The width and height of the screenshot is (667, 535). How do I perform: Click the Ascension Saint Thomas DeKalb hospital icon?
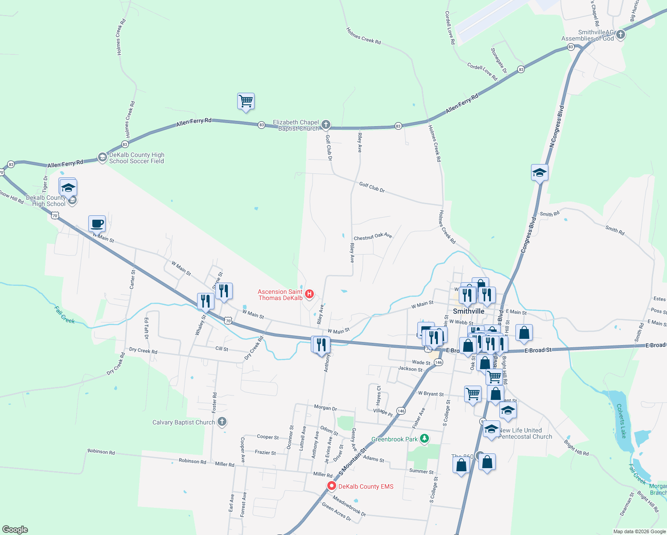click(x=309, y=294)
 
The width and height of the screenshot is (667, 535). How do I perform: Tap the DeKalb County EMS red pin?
click(x=332, y=486)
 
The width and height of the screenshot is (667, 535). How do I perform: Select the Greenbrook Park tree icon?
click(x=424, y=439)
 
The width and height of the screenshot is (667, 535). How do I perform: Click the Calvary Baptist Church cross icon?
click(x=222, y=422)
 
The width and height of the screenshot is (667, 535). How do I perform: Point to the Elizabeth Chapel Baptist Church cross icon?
click(x=326, y=124)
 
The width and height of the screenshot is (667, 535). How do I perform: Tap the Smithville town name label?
click(x=468, y=311)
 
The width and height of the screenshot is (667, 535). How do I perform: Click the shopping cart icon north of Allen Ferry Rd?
click(x=246, y=101)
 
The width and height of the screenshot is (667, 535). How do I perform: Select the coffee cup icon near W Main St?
click(x=97, y=223)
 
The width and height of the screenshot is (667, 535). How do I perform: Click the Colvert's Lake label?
click(x=621, y=420)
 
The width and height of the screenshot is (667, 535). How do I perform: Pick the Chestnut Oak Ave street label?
click(x=373, y=236)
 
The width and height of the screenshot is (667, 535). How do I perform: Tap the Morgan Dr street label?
click(x=325, y=407)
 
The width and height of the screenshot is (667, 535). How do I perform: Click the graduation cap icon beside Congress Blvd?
click(x=539, y=173)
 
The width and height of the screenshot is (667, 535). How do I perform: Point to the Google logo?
click(x=15, y=529)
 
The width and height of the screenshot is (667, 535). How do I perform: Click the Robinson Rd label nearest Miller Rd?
click(x=192, y=461)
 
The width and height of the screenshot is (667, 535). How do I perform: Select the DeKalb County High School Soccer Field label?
click(x=136, y=158)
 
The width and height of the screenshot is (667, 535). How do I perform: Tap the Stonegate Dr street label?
click(x=499, y=61)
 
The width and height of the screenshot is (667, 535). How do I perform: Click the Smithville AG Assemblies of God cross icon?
click(x=620, y=35)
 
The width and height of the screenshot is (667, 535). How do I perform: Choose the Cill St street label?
click(x=222, y=349)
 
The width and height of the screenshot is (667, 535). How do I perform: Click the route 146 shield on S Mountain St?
click(x=401, y=411)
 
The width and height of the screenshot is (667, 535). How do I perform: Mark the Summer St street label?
click(x=421, y=471)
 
